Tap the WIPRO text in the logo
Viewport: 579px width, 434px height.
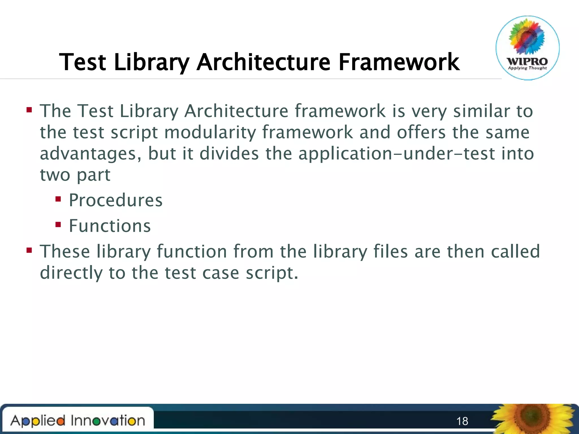[527, 61]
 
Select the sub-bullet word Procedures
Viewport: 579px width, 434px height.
[116, 200]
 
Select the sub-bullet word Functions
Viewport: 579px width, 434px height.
[110, 226]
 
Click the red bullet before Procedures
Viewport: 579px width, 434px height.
[58, 199]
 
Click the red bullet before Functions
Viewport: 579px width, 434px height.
[58, 225]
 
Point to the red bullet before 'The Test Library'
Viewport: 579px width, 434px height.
[29, 110]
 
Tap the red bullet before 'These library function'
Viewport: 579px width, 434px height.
[29, 250]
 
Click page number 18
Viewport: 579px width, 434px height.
[462, 421]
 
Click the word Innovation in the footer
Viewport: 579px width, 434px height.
[108, 421]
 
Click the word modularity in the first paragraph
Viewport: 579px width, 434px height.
[210, 133]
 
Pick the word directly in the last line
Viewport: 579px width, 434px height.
[71, 273]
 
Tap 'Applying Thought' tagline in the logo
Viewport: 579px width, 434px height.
[527, 68]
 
